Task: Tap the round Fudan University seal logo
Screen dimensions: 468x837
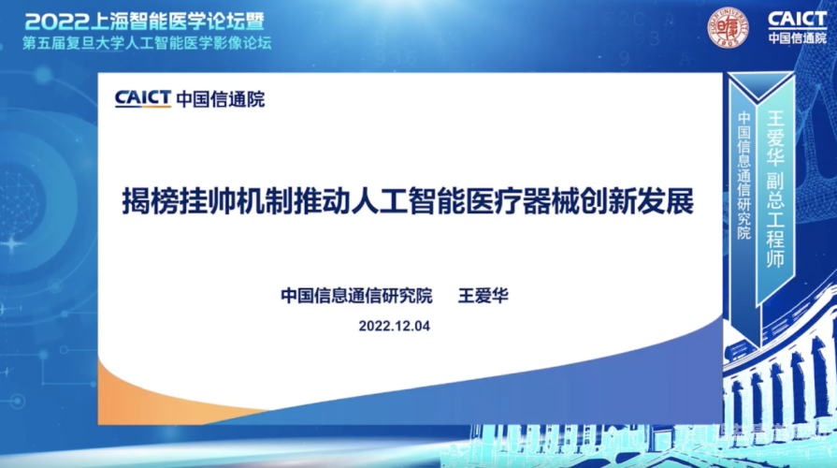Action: (x=728, y=26)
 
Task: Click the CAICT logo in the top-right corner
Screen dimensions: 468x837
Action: (x=797, y=19)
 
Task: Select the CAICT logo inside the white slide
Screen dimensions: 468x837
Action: (x=142, y=98)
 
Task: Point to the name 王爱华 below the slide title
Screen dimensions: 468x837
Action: (x=483, y=296)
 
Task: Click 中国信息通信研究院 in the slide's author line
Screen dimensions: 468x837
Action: (x=356, y=296)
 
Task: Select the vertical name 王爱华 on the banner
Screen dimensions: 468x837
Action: (x=774, y=137)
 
